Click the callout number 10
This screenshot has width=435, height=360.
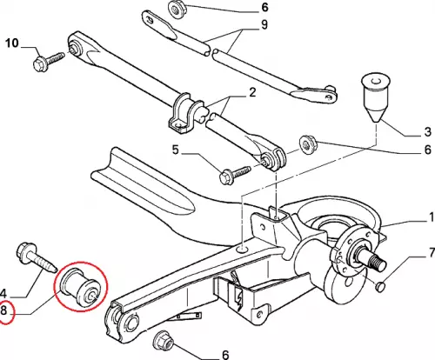point(12,43)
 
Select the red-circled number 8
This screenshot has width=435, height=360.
point(3,310)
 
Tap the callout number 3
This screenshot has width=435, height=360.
point(428,132)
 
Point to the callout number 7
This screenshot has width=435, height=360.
point(432,253)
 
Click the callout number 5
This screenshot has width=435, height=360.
point(176,150)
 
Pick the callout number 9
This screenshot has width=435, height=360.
point(264,24)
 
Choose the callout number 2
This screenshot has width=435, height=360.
point(252,93)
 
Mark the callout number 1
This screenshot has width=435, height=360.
point(432,217)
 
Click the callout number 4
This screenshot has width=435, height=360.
point(3,294)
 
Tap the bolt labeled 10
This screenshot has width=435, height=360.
point(49,60)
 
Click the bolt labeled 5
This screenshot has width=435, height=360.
point(235,175)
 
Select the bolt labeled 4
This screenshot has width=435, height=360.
point(37,257)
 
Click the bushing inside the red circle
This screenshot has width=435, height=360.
point(80,286)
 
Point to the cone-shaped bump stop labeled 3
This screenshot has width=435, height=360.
point(376,97)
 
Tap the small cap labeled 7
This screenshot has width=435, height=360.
point(381,286)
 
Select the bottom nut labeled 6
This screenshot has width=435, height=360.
point(163,341)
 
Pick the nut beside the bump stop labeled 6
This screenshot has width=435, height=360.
point(308,143)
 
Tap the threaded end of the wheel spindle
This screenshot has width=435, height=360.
point(378,262)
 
